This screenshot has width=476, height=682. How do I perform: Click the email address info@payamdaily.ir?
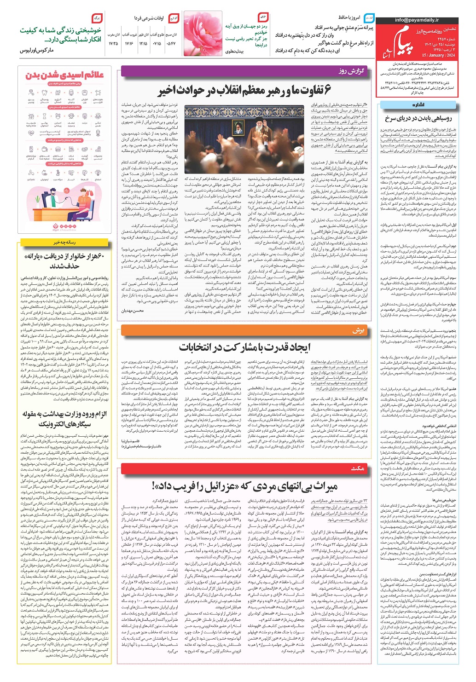(x=417, y=20)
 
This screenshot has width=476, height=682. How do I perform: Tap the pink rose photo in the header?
(x=203, y=35)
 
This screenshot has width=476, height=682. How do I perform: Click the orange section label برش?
(x=358, y=330)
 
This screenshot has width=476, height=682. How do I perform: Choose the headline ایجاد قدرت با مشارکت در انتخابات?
(x=244, y=347)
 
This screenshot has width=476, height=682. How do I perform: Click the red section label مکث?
(x=357, y=468)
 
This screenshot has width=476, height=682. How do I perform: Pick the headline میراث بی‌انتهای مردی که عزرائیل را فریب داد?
(x=244, y=485)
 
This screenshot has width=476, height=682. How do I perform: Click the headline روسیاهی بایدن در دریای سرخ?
(x=418, y=118)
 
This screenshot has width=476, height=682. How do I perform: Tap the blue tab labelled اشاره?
(x=418, y=105)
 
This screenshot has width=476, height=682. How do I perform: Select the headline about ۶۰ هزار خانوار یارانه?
(x=64, y=260)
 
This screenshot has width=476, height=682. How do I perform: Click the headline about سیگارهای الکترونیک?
(x=64, y=418)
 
